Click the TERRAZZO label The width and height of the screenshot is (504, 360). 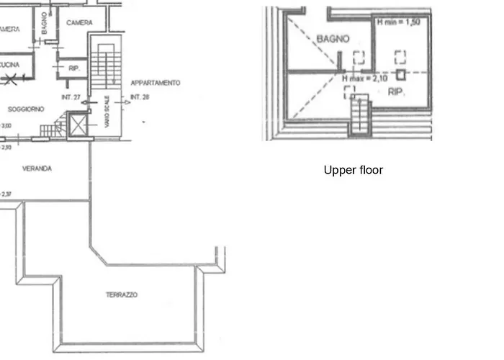(122, 294)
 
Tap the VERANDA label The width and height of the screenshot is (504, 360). (36, 168)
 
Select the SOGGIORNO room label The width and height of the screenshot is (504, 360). (26, 109)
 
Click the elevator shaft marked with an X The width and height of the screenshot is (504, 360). (76, 125)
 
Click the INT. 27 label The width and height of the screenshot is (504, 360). (70, 96)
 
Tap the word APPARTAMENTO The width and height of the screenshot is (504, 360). (155, 83)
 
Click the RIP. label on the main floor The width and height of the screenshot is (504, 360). (73, 69)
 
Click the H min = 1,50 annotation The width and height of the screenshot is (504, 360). (398, 22)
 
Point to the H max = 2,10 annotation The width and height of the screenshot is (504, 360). (366, 78)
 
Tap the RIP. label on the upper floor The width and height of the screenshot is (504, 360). (395, 92)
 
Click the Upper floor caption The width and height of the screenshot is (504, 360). (353, 171)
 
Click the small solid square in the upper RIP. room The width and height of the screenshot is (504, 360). (401, 74)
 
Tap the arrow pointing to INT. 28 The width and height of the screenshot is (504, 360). (125, 103)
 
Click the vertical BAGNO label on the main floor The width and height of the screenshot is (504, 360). (44, 24)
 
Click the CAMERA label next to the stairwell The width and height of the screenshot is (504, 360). (79, 23)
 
